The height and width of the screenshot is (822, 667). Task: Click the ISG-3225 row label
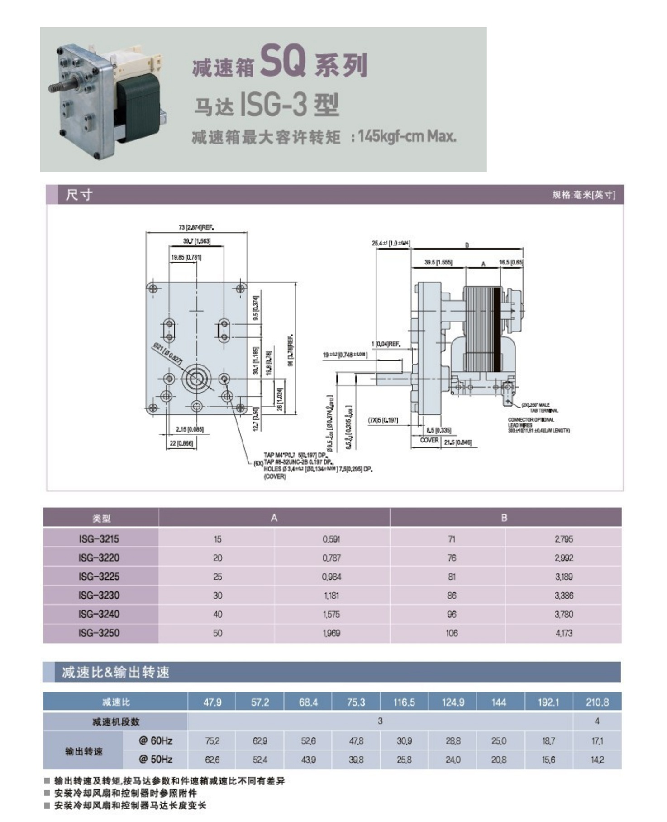point(99,577)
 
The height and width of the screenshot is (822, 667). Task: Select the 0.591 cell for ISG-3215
point(331,539)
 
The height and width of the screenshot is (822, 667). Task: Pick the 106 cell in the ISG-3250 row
point(451,633)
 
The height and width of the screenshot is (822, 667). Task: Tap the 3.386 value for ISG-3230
point(563,595)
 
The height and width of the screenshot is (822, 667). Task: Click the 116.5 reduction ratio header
point(404,702)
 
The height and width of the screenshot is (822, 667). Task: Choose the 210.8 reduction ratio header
point(597,702)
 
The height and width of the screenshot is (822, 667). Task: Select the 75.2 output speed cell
point(212,741)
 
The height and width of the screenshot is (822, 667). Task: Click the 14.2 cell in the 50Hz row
point(597,760)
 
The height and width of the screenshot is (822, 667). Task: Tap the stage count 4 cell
point(597,721)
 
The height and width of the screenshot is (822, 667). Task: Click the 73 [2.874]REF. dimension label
point(196,227)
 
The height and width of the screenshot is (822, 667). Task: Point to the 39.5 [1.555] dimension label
point(438,262)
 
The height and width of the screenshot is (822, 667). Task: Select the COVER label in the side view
point(429,440)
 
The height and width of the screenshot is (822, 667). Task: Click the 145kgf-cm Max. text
point(407,136)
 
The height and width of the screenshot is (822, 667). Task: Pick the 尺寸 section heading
point(79,195)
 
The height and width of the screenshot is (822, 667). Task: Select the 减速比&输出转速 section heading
point(115,672)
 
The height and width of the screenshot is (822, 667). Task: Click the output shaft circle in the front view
point(196,379)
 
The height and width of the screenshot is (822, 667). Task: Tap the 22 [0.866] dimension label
point(181,443)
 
